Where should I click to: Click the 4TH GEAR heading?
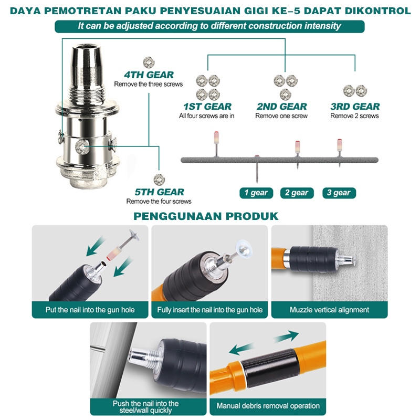pos(149,75)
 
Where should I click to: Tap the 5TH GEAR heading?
pos(159,192)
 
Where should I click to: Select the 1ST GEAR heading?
pos(207,107)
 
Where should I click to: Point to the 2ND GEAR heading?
pos(282,107)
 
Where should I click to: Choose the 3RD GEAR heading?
pos(355,107)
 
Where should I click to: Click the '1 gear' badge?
pos(256,193)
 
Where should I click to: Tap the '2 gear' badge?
pos(297,193)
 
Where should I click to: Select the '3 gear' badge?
pos(339,193)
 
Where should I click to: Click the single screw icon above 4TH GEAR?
pos(149,62)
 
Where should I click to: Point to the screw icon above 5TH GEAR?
pos(159,180)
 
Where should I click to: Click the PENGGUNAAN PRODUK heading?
pos(206,216)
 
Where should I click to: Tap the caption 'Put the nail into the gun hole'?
pos(90,310)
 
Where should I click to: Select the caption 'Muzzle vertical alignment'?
pos(330,310)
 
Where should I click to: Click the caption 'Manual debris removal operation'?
pos(268,406)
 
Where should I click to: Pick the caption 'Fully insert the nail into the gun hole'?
pos(209,310)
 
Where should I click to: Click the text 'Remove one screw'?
pos(281,116)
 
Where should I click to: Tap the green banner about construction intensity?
pos(209,26)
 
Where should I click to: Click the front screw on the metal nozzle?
pos(82,147)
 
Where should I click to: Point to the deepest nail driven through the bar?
pos(257,169)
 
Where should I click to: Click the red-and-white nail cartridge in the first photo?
pos(114,253)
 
